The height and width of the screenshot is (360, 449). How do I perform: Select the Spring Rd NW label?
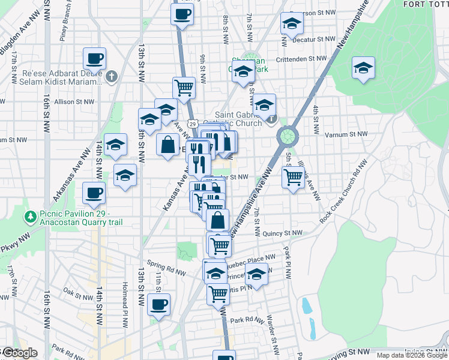pos(167,268)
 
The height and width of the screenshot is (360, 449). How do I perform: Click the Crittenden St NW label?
pos(300,59)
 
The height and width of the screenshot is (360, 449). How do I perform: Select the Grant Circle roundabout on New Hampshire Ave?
pos(288,136)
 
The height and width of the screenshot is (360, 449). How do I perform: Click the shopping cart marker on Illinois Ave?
pos(293,176)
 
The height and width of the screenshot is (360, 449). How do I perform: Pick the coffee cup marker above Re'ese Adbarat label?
pos(95,59)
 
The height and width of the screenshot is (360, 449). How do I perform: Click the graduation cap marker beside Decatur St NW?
pos(292,23)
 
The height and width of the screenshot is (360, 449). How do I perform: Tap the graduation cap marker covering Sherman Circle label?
pos(243,71)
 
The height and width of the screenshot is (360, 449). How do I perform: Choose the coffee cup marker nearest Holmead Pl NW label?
pos(159,304)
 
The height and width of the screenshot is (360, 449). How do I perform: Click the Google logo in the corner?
pos(19,353)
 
